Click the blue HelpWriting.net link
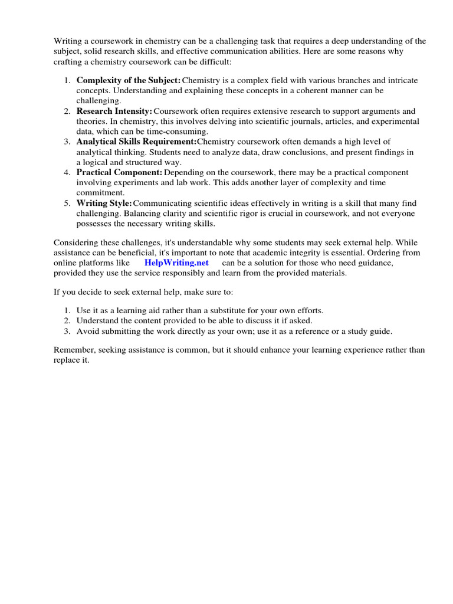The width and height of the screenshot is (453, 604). coord(176,263)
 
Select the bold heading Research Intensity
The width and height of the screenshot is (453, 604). coord(114,111)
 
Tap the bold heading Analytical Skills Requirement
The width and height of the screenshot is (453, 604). coord(136,142)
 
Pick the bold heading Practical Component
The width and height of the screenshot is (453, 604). coord(119,172)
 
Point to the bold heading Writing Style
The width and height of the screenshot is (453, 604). coord(104,203)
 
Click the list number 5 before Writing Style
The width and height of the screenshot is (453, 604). coord(67,203)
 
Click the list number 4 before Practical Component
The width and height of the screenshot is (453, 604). coord(67,172)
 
